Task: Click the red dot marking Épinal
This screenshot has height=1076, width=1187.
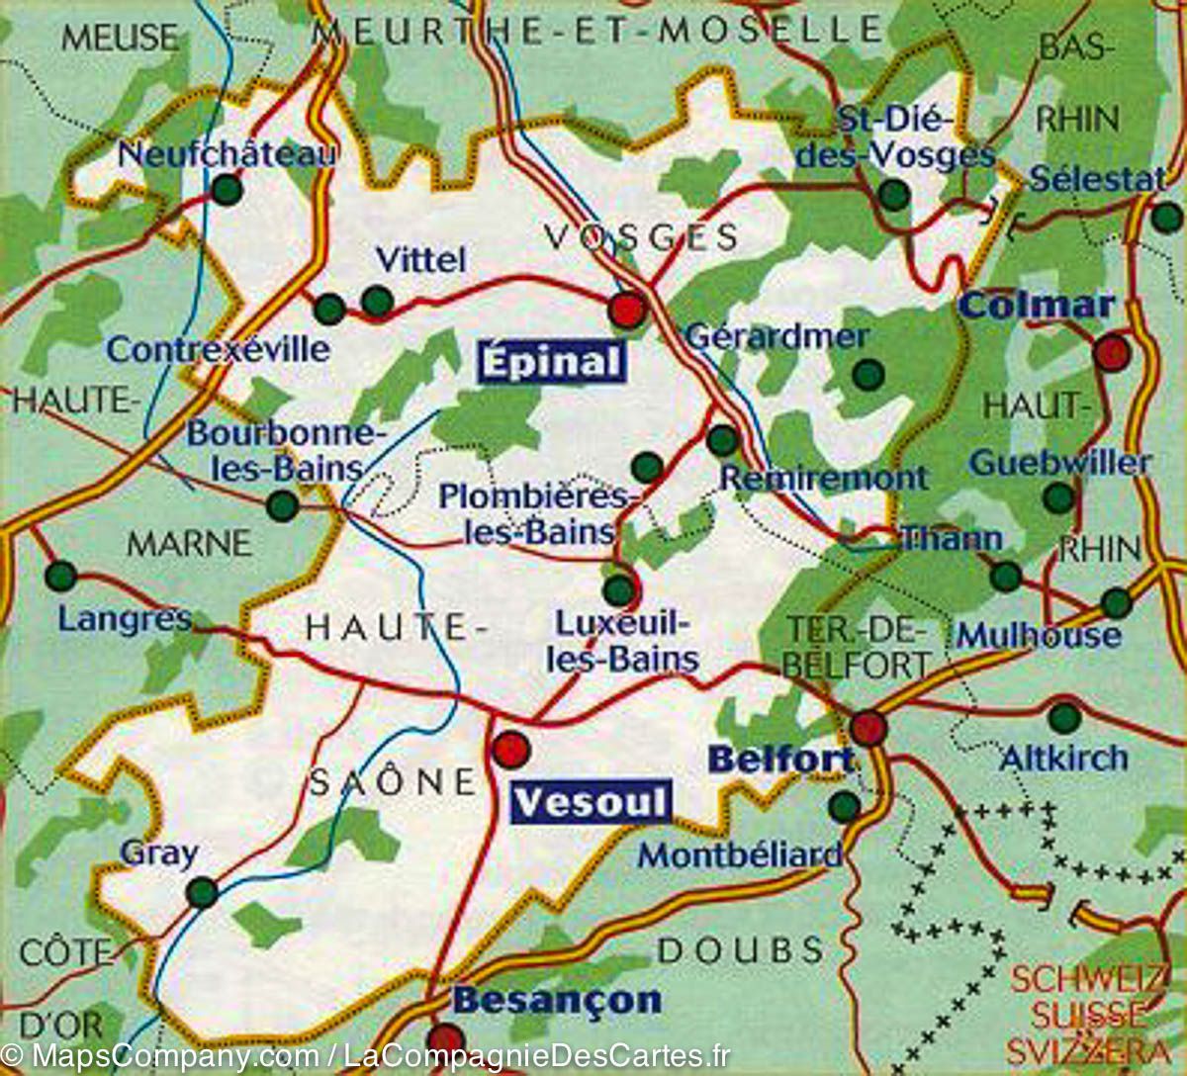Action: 627,310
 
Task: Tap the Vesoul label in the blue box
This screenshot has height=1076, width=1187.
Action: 591,802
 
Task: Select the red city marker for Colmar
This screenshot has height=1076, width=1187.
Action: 1112,352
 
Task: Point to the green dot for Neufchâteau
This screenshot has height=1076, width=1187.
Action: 227,188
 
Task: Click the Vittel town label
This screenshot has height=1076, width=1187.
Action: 420,260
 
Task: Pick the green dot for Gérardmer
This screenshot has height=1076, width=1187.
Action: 867,374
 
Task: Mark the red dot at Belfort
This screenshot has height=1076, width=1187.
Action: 868,728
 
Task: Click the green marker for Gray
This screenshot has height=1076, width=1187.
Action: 202,892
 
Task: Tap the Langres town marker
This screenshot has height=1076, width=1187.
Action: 60,575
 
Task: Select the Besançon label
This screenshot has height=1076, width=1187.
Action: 557,1000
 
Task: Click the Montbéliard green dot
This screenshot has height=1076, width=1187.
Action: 844,806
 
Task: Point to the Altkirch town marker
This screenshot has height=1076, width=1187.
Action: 1064,717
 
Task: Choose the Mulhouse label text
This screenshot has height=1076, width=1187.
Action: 1039,635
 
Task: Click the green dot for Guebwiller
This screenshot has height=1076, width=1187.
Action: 1058,497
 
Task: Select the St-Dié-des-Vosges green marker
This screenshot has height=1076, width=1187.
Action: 894,195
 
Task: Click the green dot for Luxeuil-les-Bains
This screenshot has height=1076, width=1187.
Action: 619,590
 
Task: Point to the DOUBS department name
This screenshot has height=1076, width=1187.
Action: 740,950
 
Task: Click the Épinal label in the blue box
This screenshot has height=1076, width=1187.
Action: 552,362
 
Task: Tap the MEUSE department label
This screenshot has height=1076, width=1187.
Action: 120,38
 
